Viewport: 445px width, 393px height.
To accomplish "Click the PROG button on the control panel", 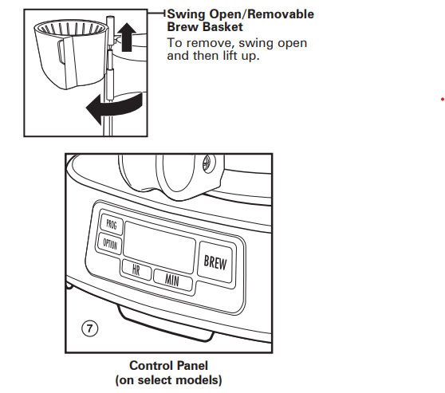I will click(x=109, y=226).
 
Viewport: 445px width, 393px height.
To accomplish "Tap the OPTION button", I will click(x=111, y=245).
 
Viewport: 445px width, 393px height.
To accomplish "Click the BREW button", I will click(x=215, y=261).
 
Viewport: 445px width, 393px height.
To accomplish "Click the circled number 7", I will click(x=92, y=328).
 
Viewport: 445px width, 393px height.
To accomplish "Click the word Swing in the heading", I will click(x=185, y=15).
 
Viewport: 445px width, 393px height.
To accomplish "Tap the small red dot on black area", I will click(x=441, y=99).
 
